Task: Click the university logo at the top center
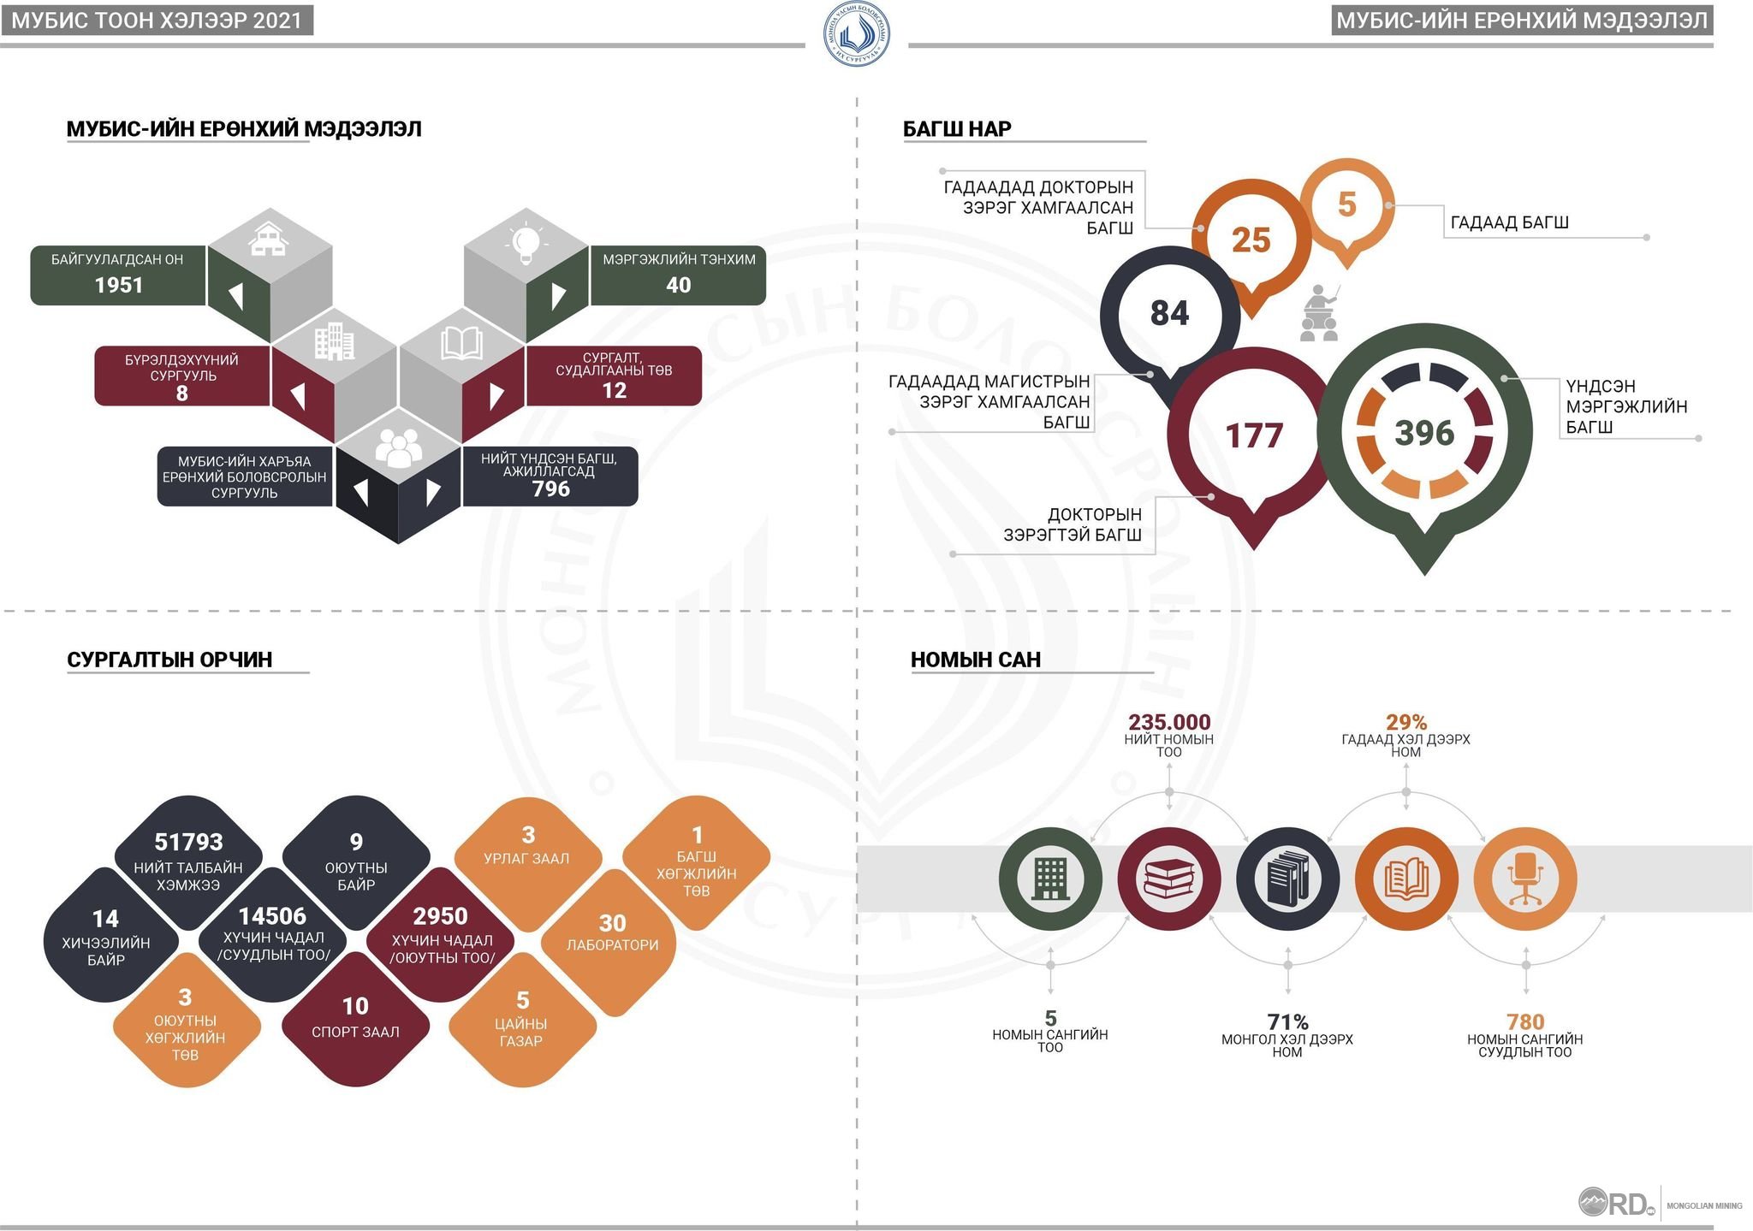[856, 34]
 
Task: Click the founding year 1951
[119, 285]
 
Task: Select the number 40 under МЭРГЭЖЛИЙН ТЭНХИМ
[678, 285]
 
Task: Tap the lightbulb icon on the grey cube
[526, 242]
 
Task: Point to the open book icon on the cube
[461, 343]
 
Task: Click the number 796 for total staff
[550, 488]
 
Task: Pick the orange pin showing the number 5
[1347, 210]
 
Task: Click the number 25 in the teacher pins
[1251, 240]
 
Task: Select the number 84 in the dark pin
[1169, 313]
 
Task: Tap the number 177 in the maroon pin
[1254, 435]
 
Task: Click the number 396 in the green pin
[1424, 433]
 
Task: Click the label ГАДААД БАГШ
[1509, 222]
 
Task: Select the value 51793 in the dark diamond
[188, 843]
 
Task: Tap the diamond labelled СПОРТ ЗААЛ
[355, 1018]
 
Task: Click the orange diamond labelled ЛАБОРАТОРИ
[612, 942]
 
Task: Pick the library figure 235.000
[1169, 722]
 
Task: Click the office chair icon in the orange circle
[1525, 879]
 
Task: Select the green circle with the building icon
[1050, 879]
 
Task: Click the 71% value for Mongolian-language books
[1287, 1021]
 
